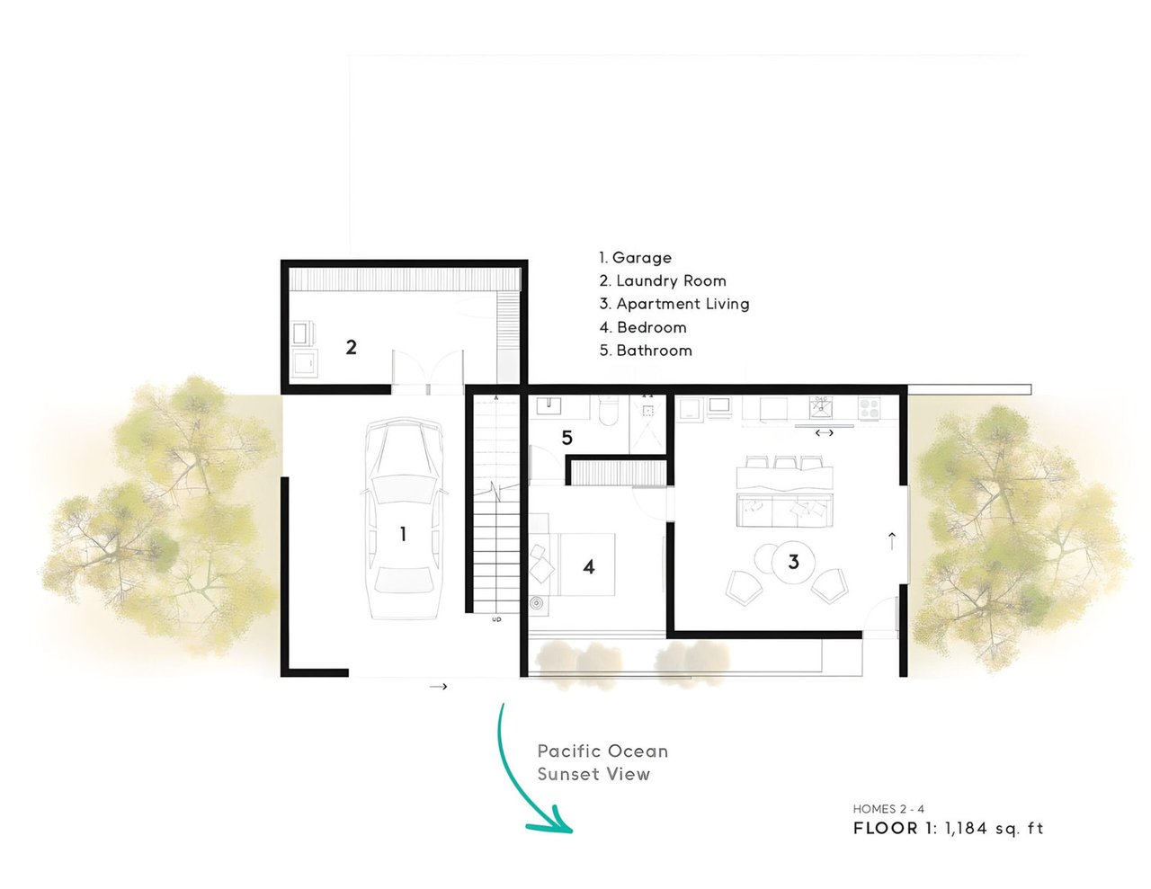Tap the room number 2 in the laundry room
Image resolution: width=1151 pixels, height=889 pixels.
pyautogui.click(x=351, y=347)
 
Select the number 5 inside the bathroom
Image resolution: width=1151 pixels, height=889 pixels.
pyautogui.click(x=567, y=438)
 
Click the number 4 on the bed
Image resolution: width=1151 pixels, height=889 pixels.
pyautogui.click(x=588, y=567)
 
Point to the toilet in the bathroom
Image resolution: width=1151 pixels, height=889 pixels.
pyautogui.click(x=608, y=411)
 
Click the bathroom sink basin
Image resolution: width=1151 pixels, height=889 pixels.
pyautogui.click(x=549, y=405)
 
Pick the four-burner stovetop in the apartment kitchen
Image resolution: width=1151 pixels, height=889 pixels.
pyautogui.click(x=870, y=408)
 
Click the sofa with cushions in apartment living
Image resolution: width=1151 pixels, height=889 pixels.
pyautogui.click(x=784, y=510)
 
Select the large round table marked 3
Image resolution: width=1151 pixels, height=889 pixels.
pyautogui.click(x=793, y=562)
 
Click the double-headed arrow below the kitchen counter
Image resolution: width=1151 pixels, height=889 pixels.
pyautogui.click(x=824, y=433)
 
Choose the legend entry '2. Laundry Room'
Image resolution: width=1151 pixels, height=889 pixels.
pyautogui.click(x=662, y=280)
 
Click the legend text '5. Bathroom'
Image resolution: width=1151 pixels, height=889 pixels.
pyautogui.click(x=646, y=351)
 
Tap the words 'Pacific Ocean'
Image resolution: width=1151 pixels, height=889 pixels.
pyautogui.click(x=602, y=751)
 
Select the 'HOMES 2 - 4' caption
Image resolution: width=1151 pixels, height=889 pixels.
pyautogui.click(x=888, y=809)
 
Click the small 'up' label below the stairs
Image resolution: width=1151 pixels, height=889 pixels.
pyautogui.click(x=496, y=619)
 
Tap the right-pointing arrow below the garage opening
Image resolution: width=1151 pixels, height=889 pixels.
pyautogui.click(x=438, y=687)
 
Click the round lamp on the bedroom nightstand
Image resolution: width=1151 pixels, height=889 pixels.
pyautogui.click(x=537, y=603)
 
